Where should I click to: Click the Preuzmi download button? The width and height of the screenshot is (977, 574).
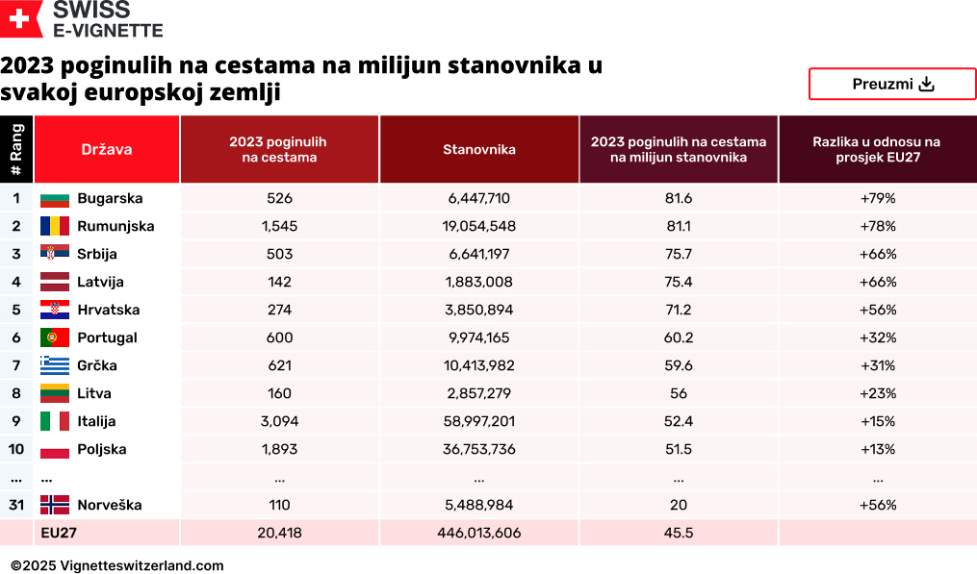click(892, 84)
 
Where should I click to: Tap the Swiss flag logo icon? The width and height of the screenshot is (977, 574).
click(21, 19)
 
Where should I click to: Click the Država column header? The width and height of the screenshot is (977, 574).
click(107, 149)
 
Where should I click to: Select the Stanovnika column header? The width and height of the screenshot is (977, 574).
click(478, 149)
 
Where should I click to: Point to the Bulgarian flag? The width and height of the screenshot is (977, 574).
click(55, 199)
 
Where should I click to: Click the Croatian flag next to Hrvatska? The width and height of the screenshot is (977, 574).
click(55, 311)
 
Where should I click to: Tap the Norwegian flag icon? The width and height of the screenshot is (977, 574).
click(55, 506)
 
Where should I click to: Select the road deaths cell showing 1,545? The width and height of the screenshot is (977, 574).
click(279, 227)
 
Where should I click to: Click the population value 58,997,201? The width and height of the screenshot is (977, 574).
click(478, 422)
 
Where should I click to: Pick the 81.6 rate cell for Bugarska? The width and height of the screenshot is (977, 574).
click(678, 199)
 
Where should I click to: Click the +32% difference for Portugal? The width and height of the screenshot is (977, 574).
click(877, 338)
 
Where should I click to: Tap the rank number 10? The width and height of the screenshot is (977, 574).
click(16, 450)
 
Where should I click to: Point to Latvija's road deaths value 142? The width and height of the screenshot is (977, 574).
click(279, 283)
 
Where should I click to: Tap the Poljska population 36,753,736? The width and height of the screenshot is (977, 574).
click(478, 450)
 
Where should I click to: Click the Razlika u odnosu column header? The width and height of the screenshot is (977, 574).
click(877, 149)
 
